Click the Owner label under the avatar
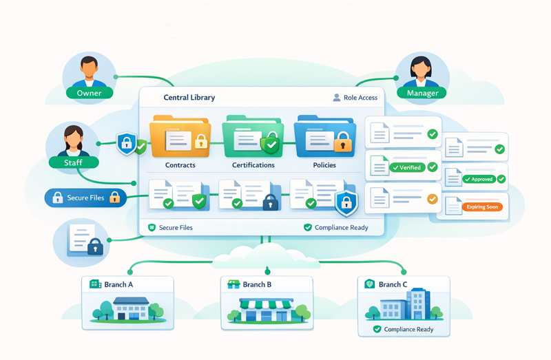point(89,93)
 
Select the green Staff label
point(72,162)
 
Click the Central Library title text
point(189,98)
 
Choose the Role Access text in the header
point(360,98)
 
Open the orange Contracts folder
point(180,138)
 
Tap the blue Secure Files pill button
point(84,198)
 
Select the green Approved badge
point(482,179)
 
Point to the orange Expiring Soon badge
point(481,207)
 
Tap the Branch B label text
point(257,284)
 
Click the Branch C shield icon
point(370,284)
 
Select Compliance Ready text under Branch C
point(408,329)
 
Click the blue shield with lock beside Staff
point(127,143)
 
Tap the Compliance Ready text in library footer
point(341,227)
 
